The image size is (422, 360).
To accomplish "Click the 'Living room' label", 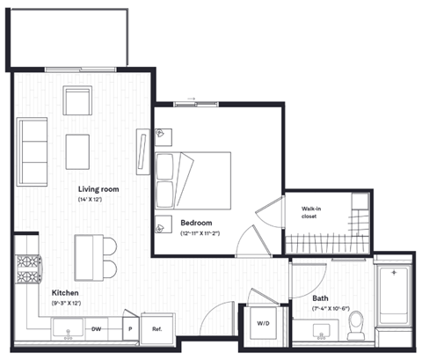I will click(98, 188).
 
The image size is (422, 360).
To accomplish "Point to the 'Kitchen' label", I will click(67, 292).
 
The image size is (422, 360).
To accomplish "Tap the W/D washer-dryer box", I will click(264, 322).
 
